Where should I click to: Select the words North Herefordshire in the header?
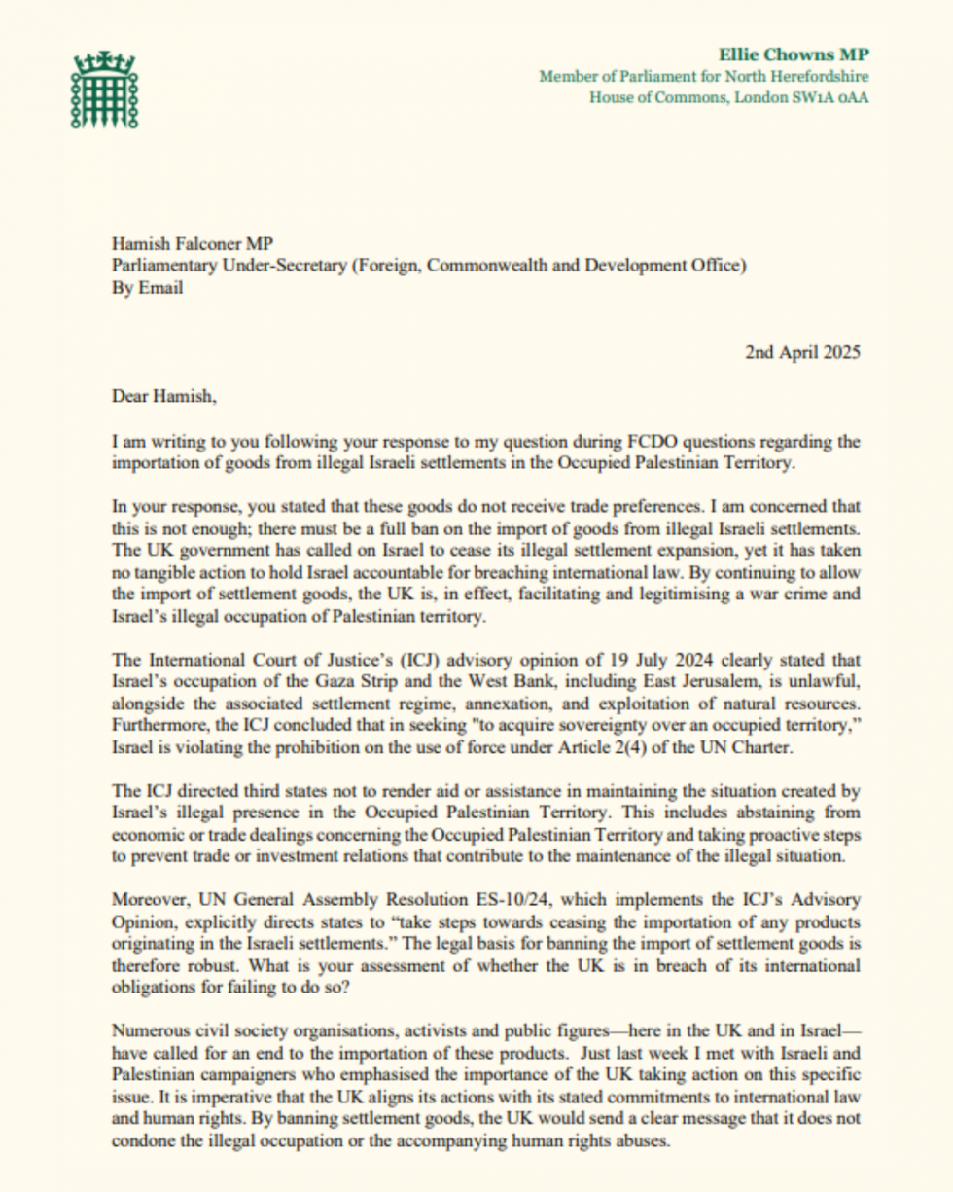tap(799, 77)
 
